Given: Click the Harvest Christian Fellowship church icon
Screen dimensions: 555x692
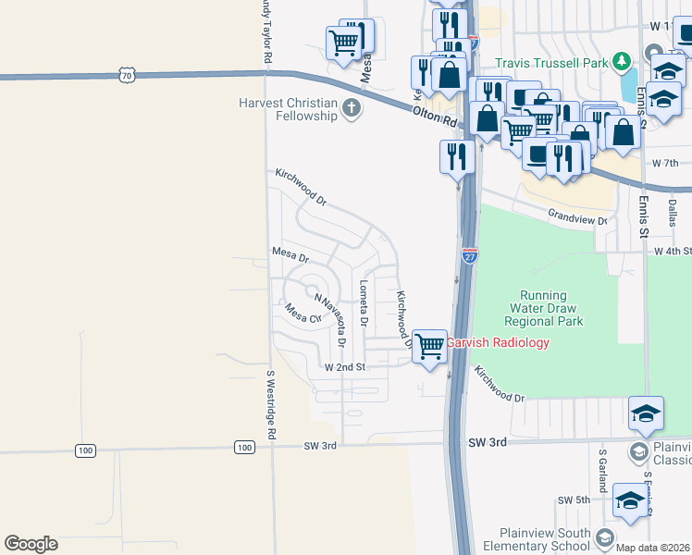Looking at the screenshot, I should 351,109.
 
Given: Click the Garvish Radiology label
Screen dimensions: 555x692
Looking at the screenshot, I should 499,343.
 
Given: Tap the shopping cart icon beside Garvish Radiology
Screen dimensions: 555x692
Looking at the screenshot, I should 429,347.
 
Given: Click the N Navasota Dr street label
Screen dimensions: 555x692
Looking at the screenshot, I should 331,320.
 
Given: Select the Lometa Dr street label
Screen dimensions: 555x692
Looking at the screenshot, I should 365,305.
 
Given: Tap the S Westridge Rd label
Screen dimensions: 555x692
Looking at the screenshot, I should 271,405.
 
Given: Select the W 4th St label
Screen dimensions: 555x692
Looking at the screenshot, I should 673,251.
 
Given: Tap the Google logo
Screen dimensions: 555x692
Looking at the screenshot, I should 31,544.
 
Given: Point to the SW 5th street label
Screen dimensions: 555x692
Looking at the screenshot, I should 573,500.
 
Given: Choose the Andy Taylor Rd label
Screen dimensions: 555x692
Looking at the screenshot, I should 266,31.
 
